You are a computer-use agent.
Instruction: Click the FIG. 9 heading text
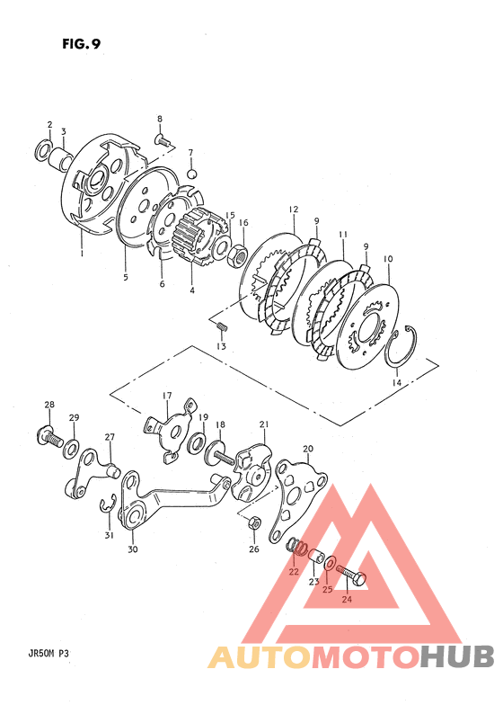tap(82, 44)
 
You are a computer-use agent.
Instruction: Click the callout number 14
tap(397, 383)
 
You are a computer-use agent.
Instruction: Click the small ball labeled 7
tap(192, 174)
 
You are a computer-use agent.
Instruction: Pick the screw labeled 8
tap(164, 140)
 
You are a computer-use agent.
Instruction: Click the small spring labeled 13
tap(222, 326)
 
